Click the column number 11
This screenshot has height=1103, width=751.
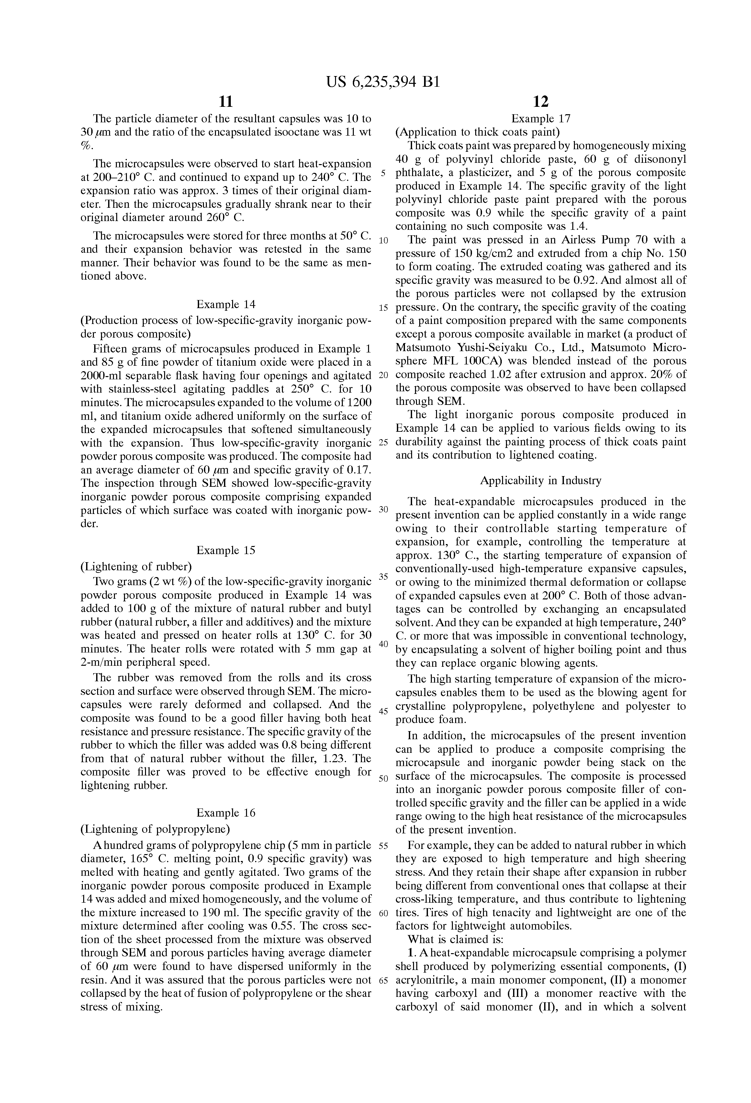pyautogui.click(x=226, y=102)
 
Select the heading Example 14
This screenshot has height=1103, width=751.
pyautogui.click(x=226, y=304)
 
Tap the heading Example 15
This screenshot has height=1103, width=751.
pyautogui.click(x=226, y=550)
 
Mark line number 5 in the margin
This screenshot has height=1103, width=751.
pyautogui.click(x=384, y=173)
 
